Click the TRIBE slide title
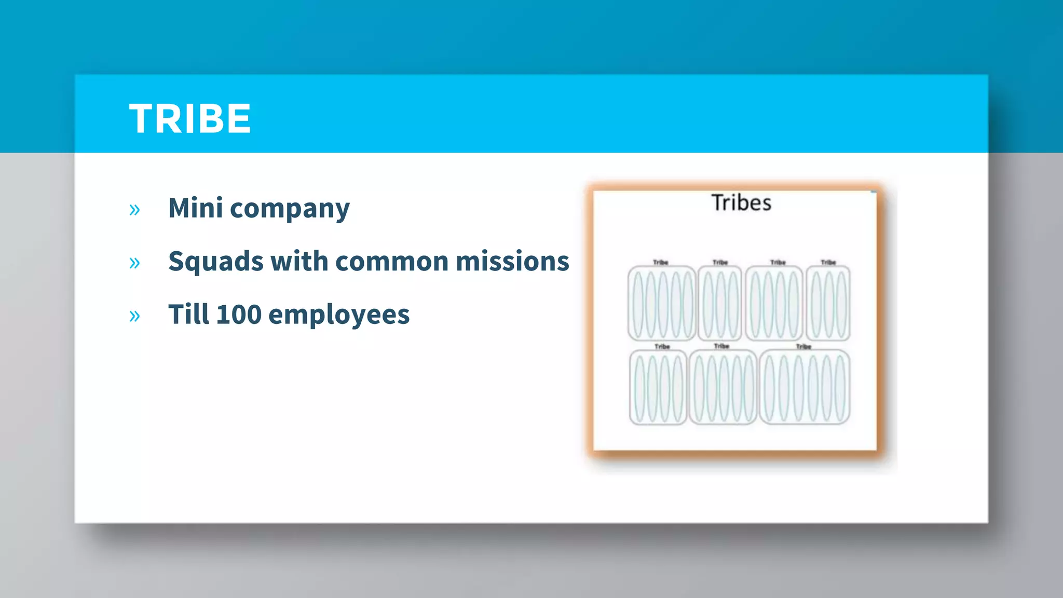pyautogui.click(x=190, y=119)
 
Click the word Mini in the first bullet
pyautogui.click(x=196, y=208)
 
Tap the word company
pyautogui.click(x=290, y=210)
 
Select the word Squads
pyautogui.click(x=215, y=262)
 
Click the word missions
pyautogui.click(x=512, y=261)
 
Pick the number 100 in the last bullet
pyautogui.click(x=239, y=315)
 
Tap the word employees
pyautogui.click(x=339, y=316)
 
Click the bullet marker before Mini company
pyautogui.click(x=134, y=210)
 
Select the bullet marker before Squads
pyautogui.click(x=134, y=263)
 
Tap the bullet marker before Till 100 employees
pyautogui.click(x=134, y=316)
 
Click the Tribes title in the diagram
pyautogui.click(x=741, y=203)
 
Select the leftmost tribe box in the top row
pyautogui.click(x=661, y=303)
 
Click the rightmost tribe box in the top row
pyautogui.click(x=828, y=303)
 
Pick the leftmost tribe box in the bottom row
pyautogui.click(x=658, y=387)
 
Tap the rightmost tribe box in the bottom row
pyautogui.click(x=805, y=387)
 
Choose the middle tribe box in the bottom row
pyautogui.click(x=723, y=387)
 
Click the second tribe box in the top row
pyautogui.click(x=719, y=303)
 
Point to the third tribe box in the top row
pyautogui.click(x=774, y=303)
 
